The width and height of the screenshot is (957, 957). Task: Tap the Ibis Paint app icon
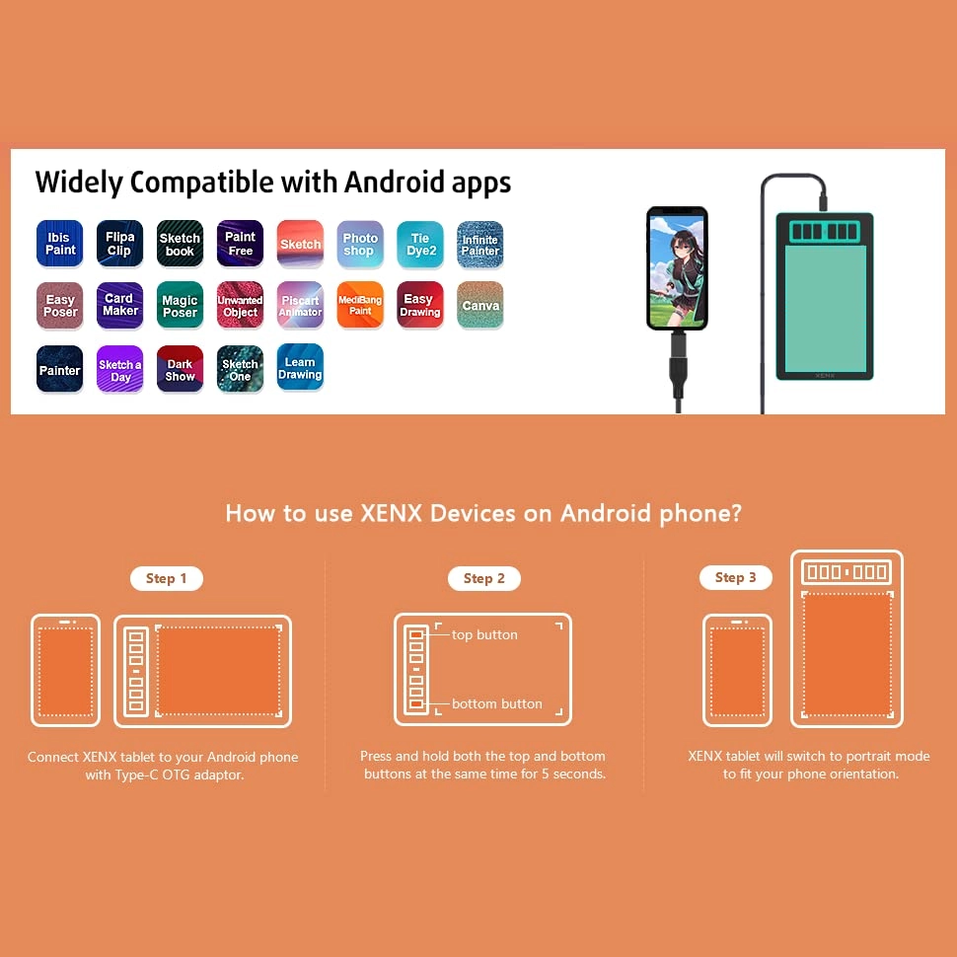pyautogui.click(x=60, y=244)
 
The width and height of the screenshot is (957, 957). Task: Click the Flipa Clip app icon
pyautogui.click(x=119, y=244)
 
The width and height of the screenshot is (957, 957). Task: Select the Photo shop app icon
pyautogui.click(x=360, y=244)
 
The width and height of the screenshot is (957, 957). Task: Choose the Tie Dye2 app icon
pyautogui.click(x=420, y=244)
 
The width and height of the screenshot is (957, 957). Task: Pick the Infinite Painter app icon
pyautogui.click(x=480, y=244)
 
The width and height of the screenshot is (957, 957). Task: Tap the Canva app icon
pyautogui.click(x=480, y=305)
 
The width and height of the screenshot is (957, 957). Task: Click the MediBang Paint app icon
pyautogui.click(x=360, y=305)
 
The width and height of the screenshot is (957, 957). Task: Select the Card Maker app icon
pyautogui.click(x=119, y=305)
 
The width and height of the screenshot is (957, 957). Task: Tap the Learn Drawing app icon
pyautogui.click(x=300, y=367)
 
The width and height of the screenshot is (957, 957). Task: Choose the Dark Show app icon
pyautogui.click(x=180, y=369)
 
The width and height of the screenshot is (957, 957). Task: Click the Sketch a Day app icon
pyautogui.click(x=119, y=369)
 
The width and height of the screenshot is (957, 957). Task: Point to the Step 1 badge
pyautogui.click(x=167, y=578)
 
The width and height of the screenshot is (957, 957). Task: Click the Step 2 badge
pyautogui.click(x=484, y=578)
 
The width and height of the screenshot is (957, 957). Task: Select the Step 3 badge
pyautogui.click(x=735, y=577)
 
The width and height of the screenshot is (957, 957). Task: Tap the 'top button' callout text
pyautogui.click(x=484, y=634)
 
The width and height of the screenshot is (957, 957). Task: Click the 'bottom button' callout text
pyautogui.click(x=497, y=703)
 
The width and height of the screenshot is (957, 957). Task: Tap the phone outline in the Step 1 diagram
pyautogui.click(x=33, y=670)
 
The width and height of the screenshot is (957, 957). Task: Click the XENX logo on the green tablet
pyautogui.click(x=825, y=375)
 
